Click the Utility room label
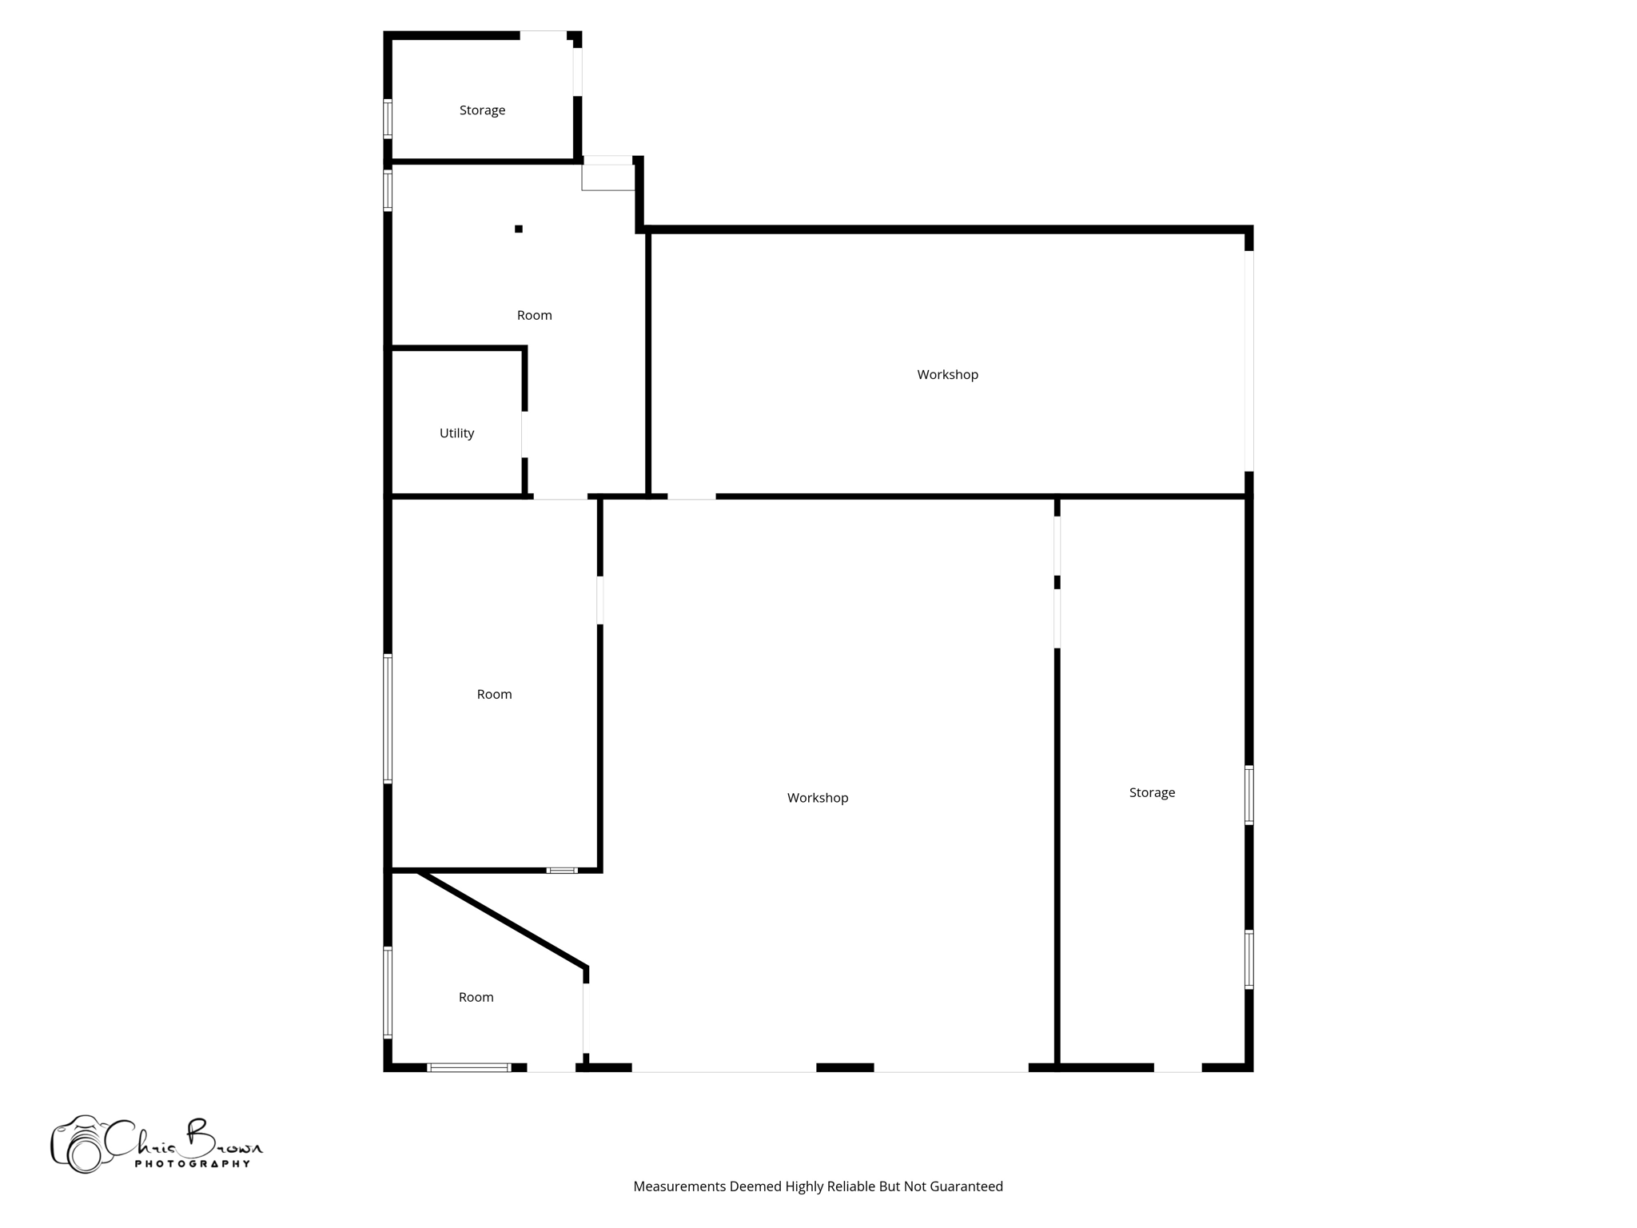[456, 433]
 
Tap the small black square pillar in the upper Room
[519, 229]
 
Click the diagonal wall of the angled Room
[503, 920]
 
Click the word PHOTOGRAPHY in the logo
[192, 1164]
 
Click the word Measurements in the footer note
[679, 1186]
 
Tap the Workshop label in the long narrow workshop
[947, 375]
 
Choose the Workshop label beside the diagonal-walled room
[817, 798]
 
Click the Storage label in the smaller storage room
[482, 110]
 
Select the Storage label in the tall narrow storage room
[1152, 793]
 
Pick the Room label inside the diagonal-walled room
[476, 998]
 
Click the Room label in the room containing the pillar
[534, 316]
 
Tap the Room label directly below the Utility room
[494, 695]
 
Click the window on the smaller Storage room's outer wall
[388, 118]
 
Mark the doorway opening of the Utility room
[524, 435]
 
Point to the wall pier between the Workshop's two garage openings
[845, 1067]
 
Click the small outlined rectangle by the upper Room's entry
[607, 177]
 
